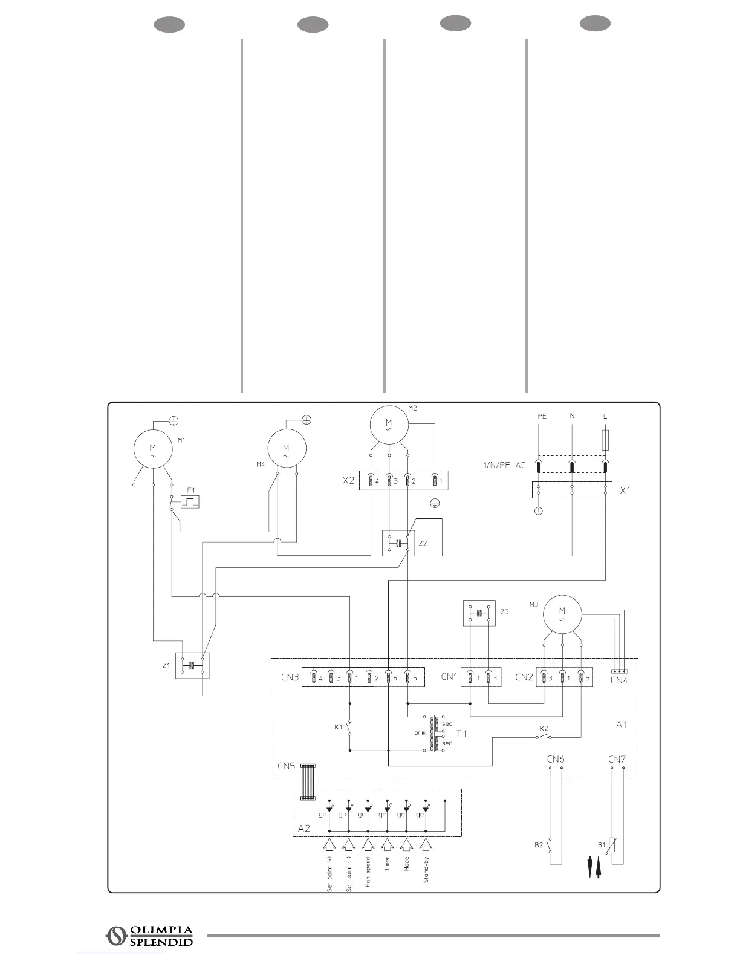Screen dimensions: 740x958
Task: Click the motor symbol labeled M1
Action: pyautogui.click(x=153, y=448)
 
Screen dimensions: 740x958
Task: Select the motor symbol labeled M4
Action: pyautogui.click(x=287, y=448)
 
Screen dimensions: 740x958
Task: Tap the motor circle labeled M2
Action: pyautogui.click(x=389, y=424)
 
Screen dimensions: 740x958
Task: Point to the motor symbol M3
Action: pyautogui.click(x=562, y=615)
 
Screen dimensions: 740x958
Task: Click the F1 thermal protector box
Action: pyautogui.click(x=190, y=502)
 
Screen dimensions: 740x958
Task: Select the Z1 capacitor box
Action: pyautogui.click(x=192, y=665)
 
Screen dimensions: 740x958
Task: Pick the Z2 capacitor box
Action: pyautogui.click(x=398, y=543)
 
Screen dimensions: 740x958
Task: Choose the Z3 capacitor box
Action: pyautogui.click(x=479, y=613)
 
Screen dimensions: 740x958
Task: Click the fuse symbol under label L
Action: pyautogui.click(x=605, y=440)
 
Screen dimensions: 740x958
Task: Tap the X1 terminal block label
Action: pyautogui.click(x=625, y=490)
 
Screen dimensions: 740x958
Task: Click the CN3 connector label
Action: pyautogui.click(x=290, y=677)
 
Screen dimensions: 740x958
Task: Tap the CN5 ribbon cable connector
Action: pyautogui.click(x=308, y=782)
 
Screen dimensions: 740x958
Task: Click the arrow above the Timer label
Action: pyautogui.click(x=388, y=844)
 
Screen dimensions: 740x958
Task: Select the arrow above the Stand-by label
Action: pyautogui.click(x=426, y=844)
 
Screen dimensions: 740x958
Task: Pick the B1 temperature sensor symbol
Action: pyautogui.click(x=612, y=845)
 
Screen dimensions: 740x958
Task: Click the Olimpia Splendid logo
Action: pyautogui.click(x=149, y=936)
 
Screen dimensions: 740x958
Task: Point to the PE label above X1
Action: pyautogui.click(x=542, y=416)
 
